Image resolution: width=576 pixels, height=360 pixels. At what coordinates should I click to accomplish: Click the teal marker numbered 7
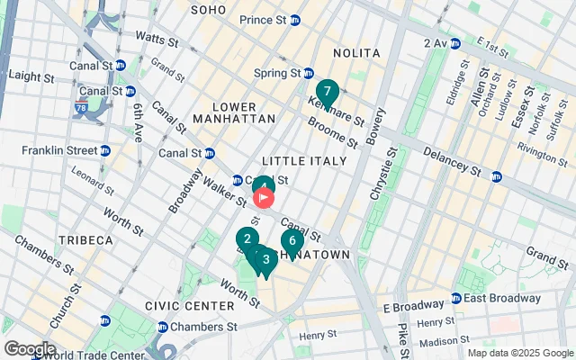point(327,92)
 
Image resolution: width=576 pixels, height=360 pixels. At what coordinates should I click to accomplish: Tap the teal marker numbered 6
point(291,241)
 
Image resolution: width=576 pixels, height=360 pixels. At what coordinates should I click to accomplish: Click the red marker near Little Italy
point(264,194)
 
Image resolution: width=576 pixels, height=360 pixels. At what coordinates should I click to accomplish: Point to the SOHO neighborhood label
point(209,9)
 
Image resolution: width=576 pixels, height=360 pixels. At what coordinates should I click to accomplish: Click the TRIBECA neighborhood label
point(85,240)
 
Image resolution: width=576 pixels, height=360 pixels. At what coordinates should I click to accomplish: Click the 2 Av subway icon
point(455,42)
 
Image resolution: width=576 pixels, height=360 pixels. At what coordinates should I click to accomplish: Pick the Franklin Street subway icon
point(105,150)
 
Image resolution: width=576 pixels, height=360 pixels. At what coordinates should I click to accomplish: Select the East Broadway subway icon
point(456,298)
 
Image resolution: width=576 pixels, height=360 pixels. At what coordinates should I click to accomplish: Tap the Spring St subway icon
point(308,73)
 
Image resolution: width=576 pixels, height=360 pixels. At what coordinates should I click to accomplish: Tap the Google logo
point(30,349)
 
